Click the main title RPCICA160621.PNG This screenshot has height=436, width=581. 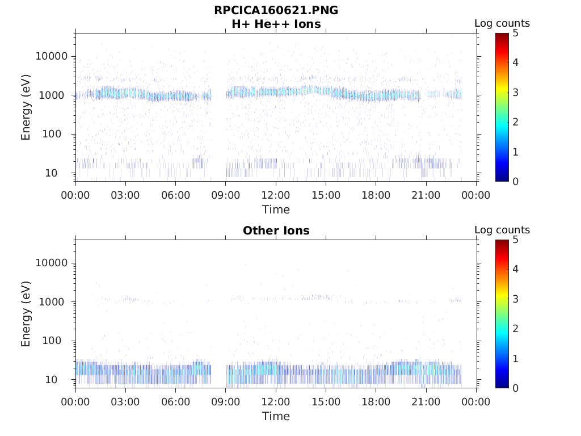pos(276,11)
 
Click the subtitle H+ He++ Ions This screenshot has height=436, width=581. pos(276,24)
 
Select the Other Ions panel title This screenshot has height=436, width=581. pos(276,230)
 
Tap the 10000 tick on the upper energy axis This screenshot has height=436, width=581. pos(52,56)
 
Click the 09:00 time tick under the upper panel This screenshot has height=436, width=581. pos(226,195)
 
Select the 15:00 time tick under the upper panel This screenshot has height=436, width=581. pos(326,195)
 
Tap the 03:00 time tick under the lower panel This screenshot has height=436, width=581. pos(125,402)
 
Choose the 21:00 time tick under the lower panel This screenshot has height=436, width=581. pos(426,402)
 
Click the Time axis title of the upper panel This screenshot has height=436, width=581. pos(276,209)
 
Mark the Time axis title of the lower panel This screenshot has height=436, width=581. pos(276,416)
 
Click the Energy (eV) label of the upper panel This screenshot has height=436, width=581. pos(26,107)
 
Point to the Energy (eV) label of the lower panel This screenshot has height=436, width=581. pos(26,313)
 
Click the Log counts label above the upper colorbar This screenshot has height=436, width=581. pos(502,24)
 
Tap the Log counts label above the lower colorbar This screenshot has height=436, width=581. pos(502,230)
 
